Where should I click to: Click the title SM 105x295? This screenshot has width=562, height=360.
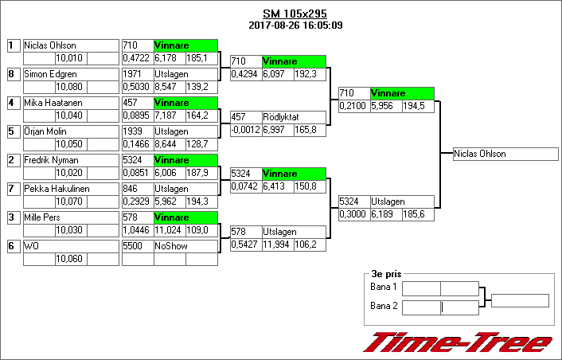pyautogui.click(x=295, y=14)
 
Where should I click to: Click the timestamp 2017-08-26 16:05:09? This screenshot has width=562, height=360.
pyautogui.click(x=295, y=25)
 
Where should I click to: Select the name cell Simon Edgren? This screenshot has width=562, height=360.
pyautogui.click(x=70, y=74)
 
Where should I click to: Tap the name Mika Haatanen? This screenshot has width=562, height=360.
pyautogui.click(x=70, y=103)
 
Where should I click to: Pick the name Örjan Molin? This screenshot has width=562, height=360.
pyautogui.click(x=70, y=131)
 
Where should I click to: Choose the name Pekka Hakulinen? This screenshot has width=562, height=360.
pyautogui.click(x=70, y=189)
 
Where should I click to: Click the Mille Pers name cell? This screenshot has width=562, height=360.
pyautogui.click(x=70, y=217)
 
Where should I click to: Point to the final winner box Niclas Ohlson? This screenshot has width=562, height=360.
pyautogui.click(x=505, y=155)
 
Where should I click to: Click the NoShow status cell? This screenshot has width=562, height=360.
pyautogui.click(x=185, y=246)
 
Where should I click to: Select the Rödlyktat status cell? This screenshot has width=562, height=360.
pyautogui.click(x=293, y=117)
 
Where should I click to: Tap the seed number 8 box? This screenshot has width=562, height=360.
pyautogui.click(x=12, y=74)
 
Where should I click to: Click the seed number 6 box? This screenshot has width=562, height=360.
pyautogui.click(x=12, y=246)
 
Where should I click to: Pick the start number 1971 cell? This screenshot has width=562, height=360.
pyautogui.click(x=136, y=74)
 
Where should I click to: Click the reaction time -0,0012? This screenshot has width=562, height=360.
pyautogui.click(x=245, y=130)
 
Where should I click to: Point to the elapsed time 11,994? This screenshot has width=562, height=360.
pyautogui.click(x=277, y=245)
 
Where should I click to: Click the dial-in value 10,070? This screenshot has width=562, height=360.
pyautogui.click(x=70, y=202)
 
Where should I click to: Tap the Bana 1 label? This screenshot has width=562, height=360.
pyautogui.click(x=384, y=287)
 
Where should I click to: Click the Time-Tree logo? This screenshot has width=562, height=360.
pyautogui.click(x=458, y=342)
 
